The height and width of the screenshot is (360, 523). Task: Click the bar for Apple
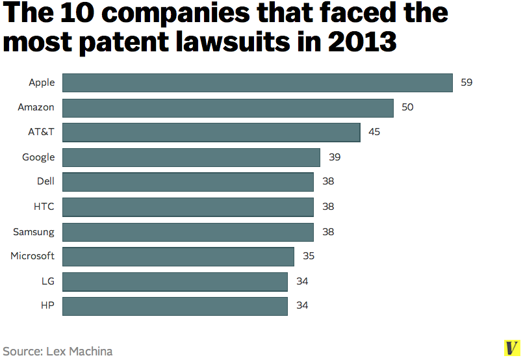click(257, 83)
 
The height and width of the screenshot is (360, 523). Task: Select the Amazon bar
click(227, 107)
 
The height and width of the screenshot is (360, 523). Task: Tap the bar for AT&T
click(211, 132)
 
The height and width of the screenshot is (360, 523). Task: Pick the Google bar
click(191, 157)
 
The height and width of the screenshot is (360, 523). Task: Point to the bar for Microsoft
click(178, 256)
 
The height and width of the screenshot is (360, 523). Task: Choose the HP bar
click(175, 305)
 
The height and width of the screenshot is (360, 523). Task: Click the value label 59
click(466, 83)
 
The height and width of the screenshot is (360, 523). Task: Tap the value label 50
click(407, 107)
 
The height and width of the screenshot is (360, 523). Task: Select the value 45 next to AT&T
click(374, 132)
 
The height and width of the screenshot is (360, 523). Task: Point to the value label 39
click(335, 157)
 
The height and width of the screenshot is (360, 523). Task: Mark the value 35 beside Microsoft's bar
click(309, 256)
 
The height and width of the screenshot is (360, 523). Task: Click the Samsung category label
click(34, 231)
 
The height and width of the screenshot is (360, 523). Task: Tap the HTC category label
click(44, 207)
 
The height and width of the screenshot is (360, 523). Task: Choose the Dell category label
click(45, 182)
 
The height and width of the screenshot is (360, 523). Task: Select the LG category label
click(47, 281)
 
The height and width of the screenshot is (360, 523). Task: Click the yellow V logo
click(512, 348)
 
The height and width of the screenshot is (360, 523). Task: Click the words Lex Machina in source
click(79, 352)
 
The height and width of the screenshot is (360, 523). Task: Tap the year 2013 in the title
click(362, 42)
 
